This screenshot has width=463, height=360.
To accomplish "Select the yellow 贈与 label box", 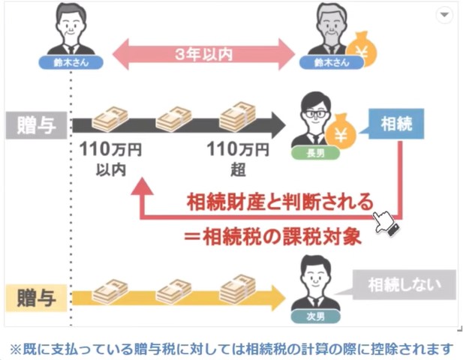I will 36,294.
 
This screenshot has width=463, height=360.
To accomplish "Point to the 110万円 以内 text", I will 110,158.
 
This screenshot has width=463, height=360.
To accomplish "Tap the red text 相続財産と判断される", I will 279,201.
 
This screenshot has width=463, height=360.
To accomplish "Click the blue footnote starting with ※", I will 231,348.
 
